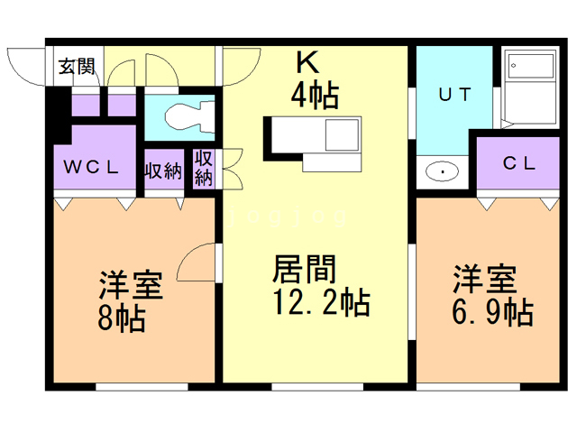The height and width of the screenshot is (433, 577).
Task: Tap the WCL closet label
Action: pyautogui.click(x=89, y=167)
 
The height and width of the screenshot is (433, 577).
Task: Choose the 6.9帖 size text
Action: pyautogui.click(x=491, y=313)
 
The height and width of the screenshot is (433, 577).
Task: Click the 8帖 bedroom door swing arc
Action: pyautogui.click(x=197, y=264)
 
